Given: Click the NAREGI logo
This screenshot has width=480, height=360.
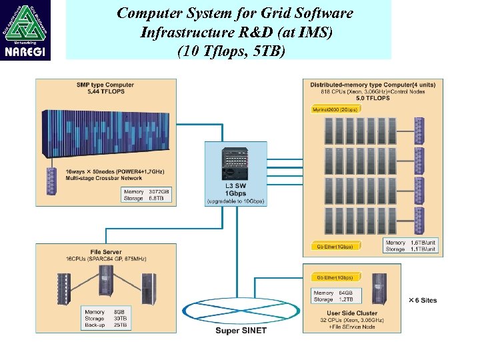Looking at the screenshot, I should (26, 30).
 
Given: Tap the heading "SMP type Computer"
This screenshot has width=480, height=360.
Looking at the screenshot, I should (105, 85).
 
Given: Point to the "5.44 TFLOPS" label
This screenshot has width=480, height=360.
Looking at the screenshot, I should (105, 91).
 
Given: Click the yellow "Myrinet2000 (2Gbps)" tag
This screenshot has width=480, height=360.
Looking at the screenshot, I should (335, 109).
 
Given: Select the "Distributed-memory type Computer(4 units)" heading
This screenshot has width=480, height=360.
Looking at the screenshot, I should (373, 85).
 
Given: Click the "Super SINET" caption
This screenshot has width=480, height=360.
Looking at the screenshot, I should (241, 331).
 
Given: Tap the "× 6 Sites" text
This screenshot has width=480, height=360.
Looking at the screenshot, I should (423, 300).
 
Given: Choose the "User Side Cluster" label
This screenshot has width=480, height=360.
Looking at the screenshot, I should (353, 313).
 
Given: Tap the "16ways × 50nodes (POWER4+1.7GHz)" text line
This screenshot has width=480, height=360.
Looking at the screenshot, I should (115, 172).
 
